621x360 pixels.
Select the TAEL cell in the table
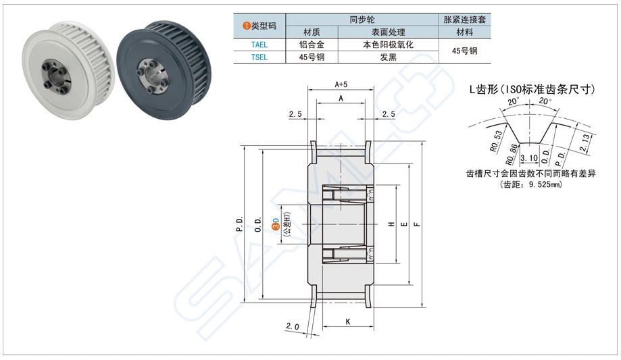tap(259, 45)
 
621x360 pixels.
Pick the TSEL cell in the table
tap(259, 57)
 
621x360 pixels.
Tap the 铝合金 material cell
tap(312, 45)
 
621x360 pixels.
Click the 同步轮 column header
tap(362, 20)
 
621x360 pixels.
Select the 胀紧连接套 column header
tap(464, 20)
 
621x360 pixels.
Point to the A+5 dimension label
tap(341, 84)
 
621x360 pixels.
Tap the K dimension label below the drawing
tap(347, 322)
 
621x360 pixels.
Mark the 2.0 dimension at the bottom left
tap(292, 327)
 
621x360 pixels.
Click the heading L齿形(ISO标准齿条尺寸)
tap(531, 88)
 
